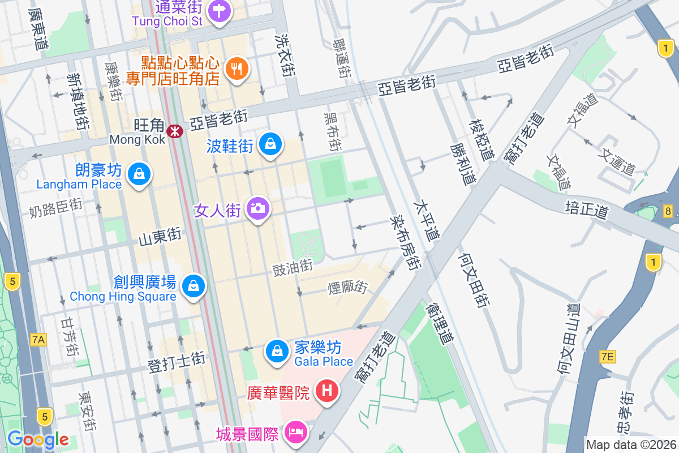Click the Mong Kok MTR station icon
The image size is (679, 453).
pyautogui.click(x=175, y=131)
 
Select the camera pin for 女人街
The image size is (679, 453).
pyautogui.click(x=258, y=208)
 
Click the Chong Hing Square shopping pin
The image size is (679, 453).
pyautogui.click(x=194, y=285)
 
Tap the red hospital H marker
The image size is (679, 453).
pyautogui.click(x=326, y=390)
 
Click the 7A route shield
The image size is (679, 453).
pyautogui.click(x=38, y=340)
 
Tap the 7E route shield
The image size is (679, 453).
pyautogui.click(x=608, y=356)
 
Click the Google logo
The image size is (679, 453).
pyautogui.click(x=38, y=439)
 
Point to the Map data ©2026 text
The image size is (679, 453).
pyautogui.click(x=630, y=445)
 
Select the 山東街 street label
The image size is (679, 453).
pyautogui.click(x=160, y=237)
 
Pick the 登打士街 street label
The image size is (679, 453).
pyautogui.click(x=176, y=362)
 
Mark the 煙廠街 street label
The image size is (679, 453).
pyautogui.click(x=347, y=287)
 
